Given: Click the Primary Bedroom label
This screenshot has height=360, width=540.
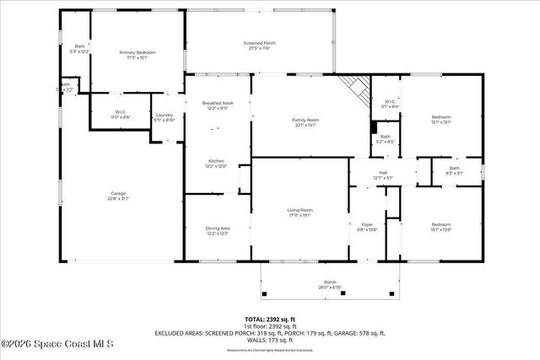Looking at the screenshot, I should click(x=137, y=55).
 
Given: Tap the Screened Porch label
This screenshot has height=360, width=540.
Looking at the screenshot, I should click(x=259, y=46).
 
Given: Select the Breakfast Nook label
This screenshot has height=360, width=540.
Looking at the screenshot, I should click(x=217, y=105).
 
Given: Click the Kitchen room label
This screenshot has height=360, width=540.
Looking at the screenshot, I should click(x=217, y=164).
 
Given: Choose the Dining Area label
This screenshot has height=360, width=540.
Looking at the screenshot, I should click(x=218, y=230).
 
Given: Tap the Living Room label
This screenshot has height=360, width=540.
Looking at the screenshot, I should click(x=300, y=212).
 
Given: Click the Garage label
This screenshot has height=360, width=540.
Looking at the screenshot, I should click(x=118, y=196).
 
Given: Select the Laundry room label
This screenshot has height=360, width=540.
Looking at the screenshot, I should click(x=164, y=117).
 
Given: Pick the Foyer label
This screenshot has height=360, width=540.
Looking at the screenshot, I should click(x=366, y=226).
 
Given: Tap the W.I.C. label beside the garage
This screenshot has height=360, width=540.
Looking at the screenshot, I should click(x=121, y=115).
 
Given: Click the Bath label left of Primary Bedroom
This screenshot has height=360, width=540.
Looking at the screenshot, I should click(x=80, y=49).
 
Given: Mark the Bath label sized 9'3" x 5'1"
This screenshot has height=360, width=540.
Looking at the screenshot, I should click(x=455, y=170).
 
